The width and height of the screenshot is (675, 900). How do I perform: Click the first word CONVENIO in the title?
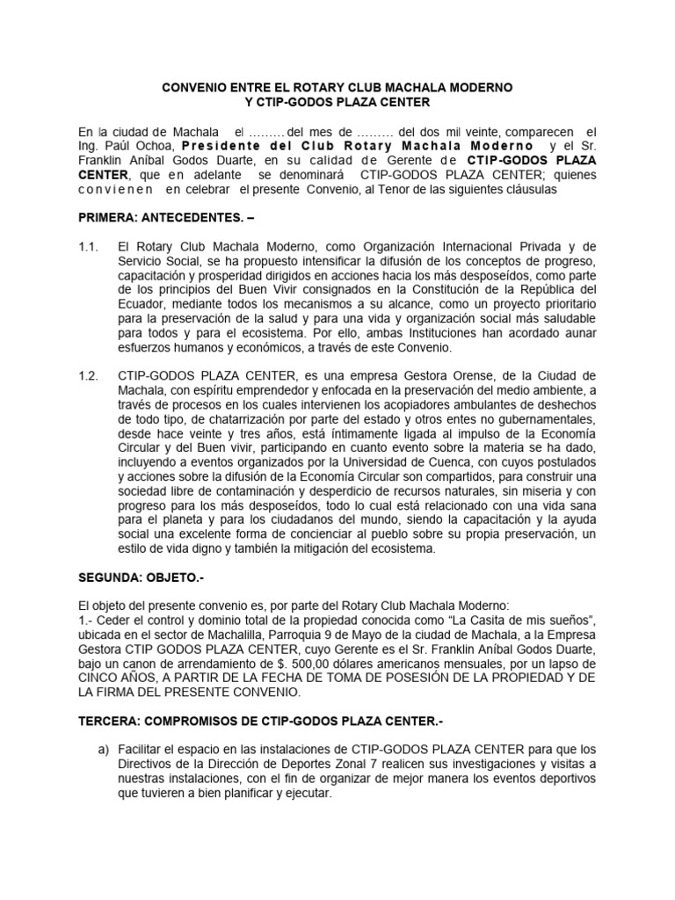(x=192, y=89)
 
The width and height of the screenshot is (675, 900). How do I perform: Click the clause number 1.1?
(x=90, y=248)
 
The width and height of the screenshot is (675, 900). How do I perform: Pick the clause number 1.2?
(x=90, y=376)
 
